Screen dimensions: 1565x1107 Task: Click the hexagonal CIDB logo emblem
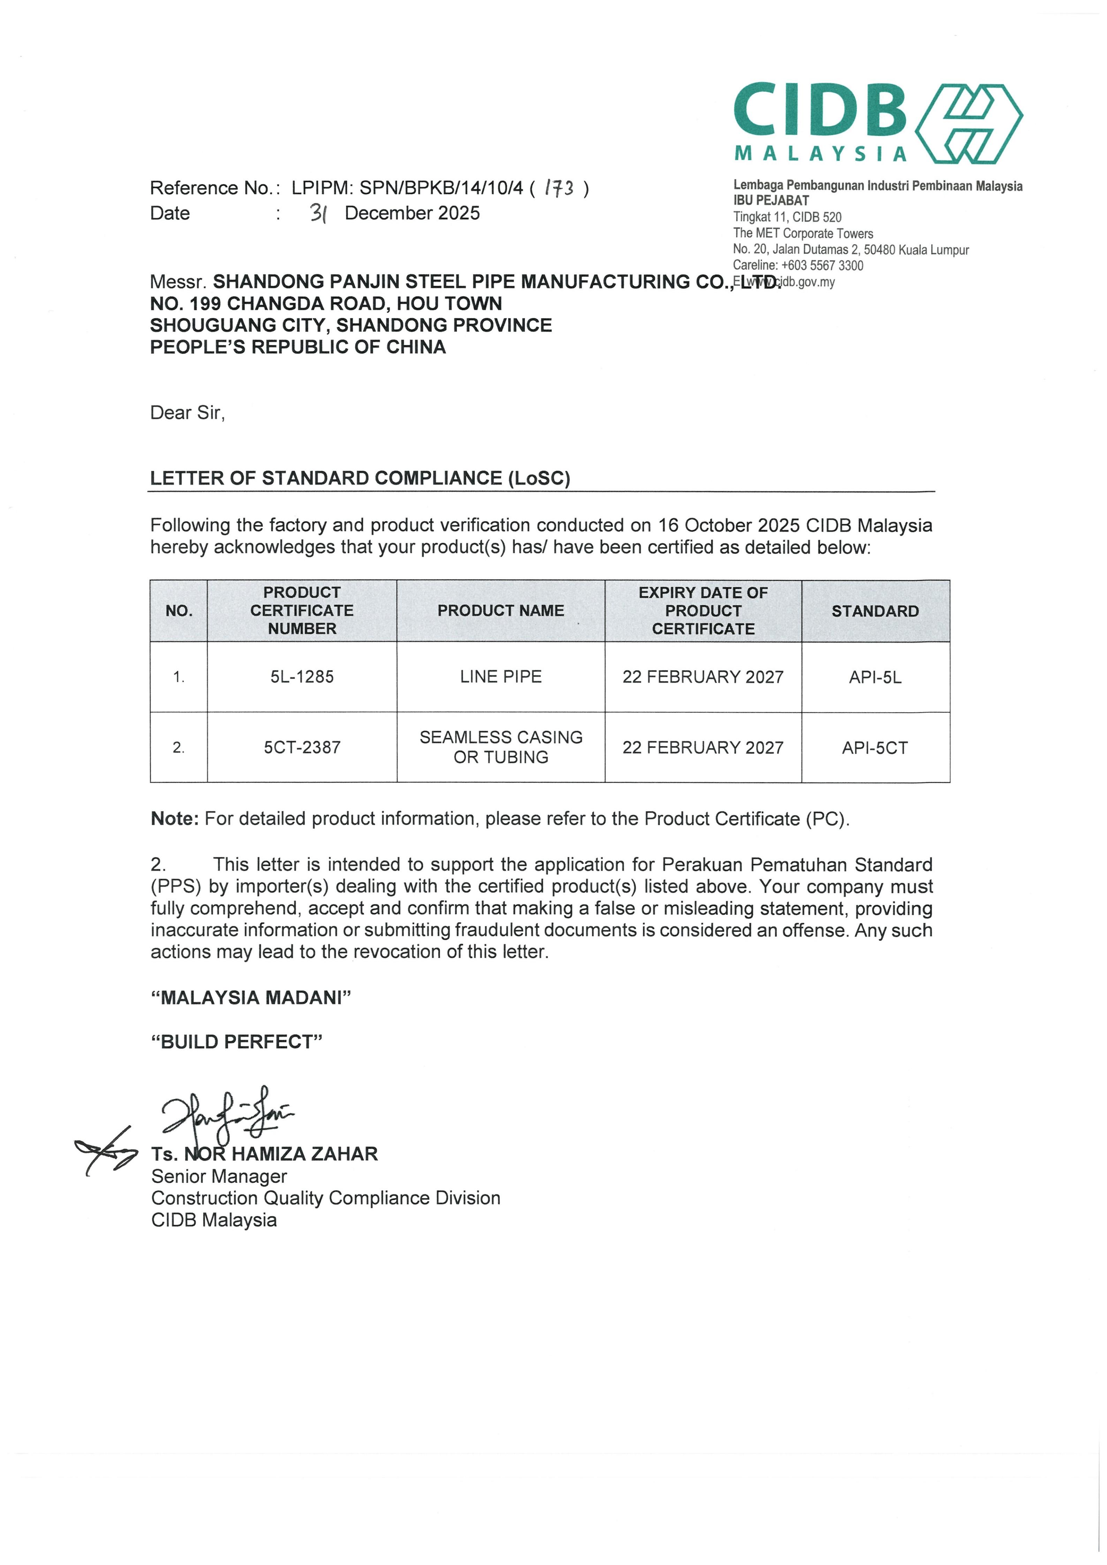(968, 123)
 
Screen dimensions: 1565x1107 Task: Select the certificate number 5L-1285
(302, 677)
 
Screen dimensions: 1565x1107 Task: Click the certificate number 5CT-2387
(302, 748)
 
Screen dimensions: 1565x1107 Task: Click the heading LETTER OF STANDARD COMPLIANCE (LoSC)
(360, 479)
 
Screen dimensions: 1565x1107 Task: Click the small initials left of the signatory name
(106, 1151)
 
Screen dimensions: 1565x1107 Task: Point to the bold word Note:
(174, 819)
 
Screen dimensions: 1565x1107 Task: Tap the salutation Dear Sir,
(188, 413)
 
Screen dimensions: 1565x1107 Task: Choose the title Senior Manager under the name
(219, 1176)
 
